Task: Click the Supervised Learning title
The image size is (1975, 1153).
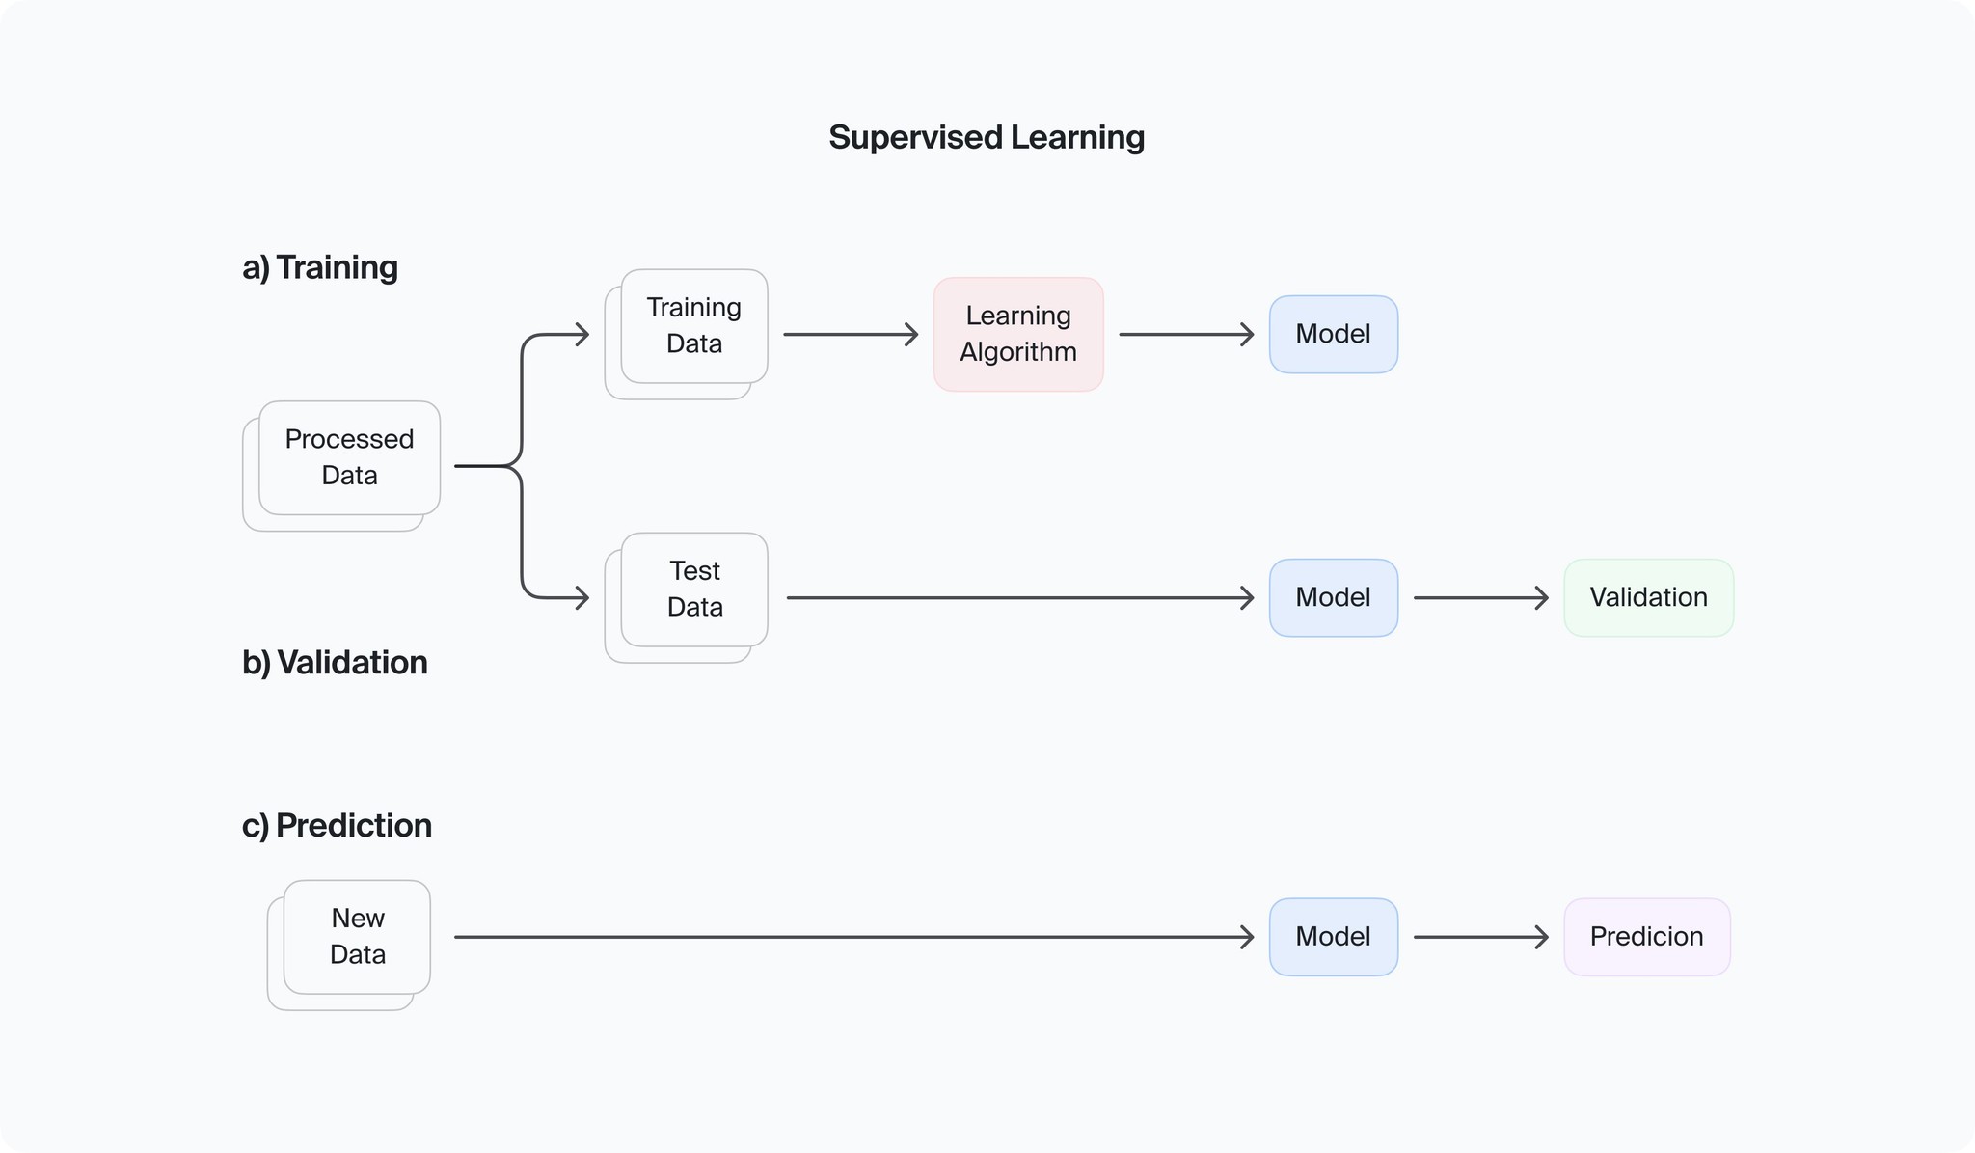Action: pos(986,137)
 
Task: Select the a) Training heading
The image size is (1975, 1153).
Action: pos(320,267)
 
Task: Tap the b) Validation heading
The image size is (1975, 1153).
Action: pos(335,663)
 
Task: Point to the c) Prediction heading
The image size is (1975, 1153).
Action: pos(337,826)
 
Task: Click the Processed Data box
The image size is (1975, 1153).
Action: pos(349,457)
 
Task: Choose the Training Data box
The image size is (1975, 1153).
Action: pos(694,326)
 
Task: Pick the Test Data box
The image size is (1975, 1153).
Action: pos(694,590)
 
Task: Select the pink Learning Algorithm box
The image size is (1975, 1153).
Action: pos(1018,334)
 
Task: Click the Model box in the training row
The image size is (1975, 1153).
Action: pos(1333,334)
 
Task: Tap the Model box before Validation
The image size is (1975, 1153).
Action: pos(1333,597)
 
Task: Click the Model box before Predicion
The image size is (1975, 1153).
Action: pos(1333,937)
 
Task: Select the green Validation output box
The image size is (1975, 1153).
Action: pos(1648,597)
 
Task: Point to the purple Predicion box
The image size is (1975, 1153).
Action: pos(1646,937)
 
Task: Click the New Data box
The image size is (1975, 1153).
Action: pos(357,937)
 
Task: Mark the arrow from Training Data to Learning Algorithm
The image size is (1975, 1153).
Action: pos(850,335)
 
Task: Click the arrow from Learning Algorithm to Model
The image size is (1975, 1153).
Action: pos(1185,335)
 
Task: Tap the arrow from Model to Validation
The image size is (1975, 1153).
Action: pos(1480,598)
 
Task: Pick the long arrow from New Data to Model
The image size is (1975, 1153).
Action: pos(853,937)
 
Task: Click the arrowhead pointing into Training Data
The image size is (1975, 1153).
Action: pos(581,335)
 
